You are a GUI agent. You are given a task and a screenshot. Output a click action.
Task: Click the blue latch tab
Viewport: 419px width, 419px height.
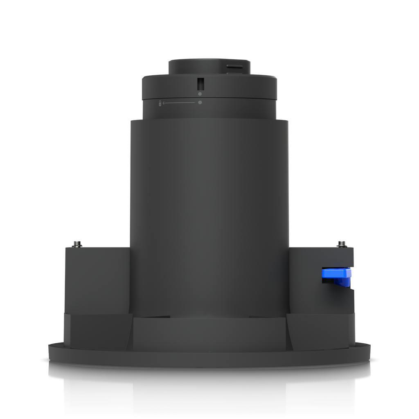[337, 273]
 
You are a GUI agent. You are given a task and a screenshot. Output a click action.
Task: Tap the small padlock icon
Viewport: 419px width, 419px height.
[160, 103]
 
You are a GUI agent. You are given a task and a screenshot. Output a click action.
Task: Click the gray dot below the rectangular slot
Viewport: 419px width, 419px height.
[200, 94]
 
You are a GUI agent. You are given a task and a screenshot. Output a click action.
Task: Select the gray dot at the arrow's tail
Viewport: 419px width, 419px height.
[200, 102]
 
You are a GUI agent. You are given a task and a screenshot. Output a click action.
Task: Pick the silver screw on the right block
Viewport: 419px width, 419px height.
[342, 244]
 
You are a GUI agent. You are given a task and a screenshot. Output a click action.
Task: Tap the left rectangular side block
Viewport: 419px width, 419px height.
[97, 278]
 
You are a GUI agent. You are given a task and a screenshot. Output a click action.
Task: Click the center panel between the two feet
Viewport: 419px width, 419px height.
[209, 333]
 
